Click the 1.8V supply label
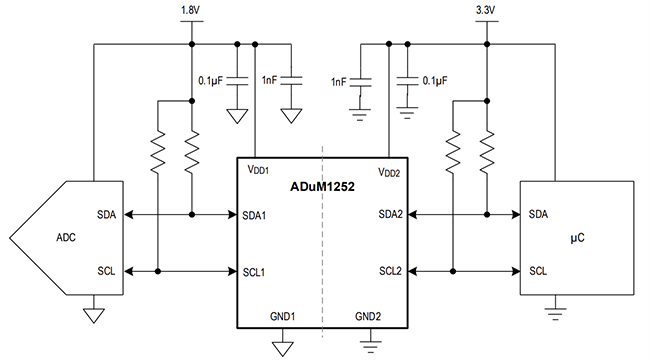click(189, 12)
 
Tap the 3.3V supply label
click(486, 12)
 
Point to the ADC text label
click(67, 240)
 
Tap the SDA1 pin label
click(255, 214)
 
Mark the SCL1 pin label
click(255, 271)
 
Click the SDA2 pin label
click(392, 214)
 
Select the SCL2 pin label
click(392, 271)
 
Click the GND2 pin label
click(368, 316)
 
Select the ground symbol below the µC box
click(553, 314)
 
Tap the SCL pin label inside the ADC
click(106, 271)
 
